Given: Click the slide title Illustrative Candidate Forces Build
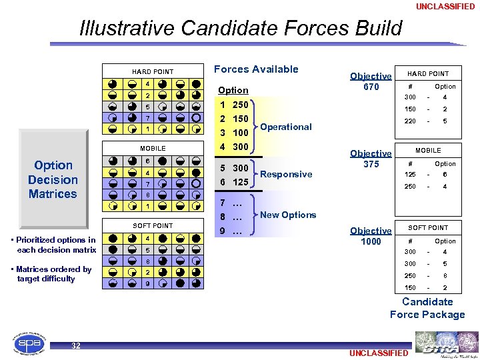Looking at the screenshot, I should (241, 29).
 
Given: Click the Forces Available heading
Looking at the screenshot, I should (256, 69).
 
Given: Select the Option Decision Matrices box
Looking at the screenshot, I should (53, 179).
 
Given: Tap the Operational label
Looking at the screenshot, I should (286, 127).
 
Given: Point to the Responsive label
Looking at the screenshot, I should (286, 174).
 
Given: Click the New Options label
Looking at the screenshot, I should (288, 215).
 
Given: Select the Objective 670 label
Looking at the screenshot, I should (371, 81).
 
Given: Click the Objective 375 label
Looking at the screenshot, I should (371, 159).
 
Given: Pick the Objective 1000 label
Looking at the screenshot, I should (371, 236).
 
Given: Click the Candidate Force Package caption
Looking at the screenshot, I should (427, 308).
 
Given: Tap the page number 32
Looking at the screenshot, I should (76, 345).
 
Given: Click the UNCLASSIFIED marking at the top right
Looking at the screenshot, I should (445, 7).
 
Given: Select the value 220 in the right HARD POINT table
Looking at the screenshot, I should (410, 121).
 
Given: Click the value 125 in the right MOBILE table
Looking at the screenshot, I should (410, 175).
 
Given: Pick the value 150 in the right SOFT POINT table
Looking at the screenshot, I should (410, 288).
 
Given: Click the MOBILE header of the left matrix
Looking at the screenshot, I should (153, 148).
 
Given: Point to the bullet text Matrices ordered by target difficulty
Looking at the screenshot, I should (53, 274).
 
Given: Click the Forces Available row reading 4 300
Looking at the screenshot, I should (234, 147).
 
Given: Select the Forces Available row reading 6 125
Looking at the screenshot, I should (234, 182).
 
